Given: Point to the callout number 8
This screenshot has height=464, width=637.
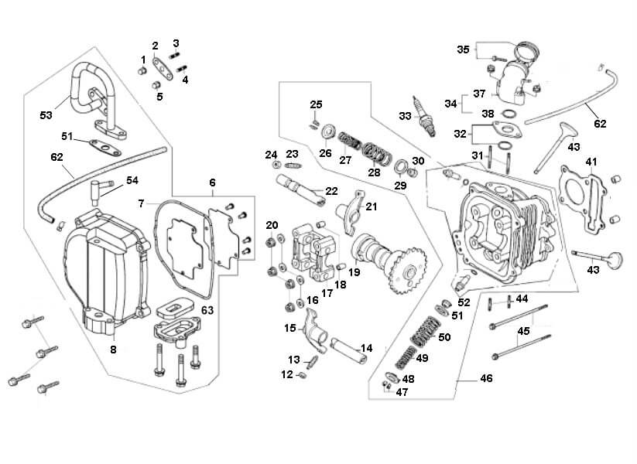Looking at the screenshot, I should tap(113, 350).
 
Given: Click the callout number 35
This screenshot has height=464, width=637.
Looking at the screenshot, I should tap(463, 50).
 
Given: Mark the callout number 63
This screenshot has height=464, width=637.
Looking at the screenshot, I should tap(207, 311).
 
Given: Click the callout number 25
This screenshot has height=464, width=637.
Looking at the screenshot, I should tap(316, 104).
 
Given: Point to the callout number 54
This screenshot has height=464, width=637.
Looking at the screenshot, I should tap(132, 180).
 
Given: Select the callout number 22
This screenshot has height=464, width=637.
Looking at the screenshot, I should tap(330, 191).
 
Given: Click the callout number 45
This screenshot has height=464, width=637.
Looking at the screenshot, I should tap(524, 330).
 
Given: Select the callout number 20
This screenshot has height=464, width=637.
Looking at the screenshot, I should tap(272, 225).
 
